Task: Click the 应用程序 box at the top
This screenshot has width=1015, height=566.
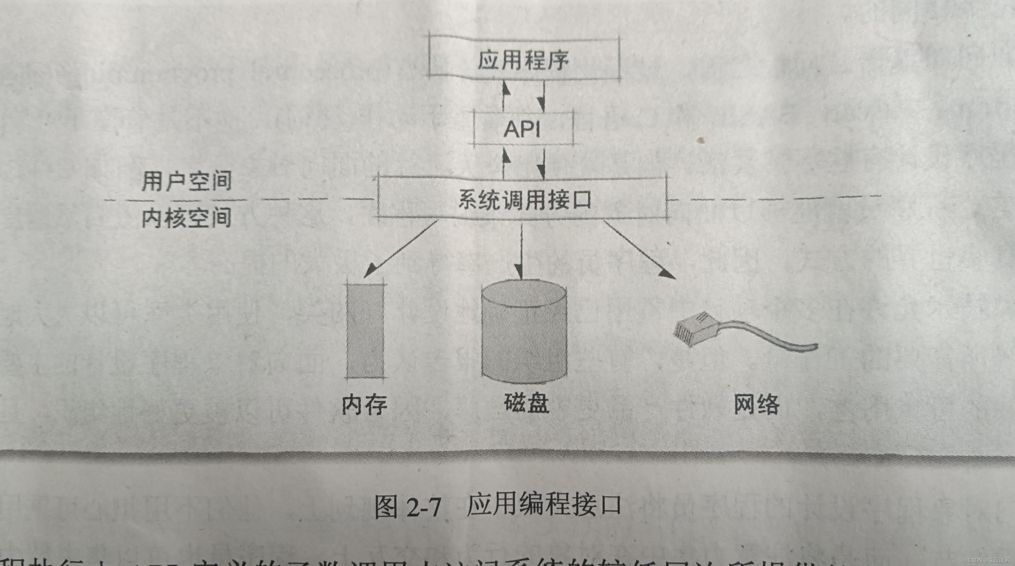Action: (x=524, y=59)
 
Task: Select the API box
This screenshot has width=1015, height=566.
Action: (x=523, y=129)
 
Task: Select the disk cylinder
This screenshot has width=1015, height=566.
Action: (x=524, y=331)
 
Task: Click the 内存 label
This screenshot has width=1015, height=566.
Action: (x=364, y=404)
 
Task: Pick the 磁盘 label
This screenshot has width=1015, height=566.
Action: (x=527, y=403)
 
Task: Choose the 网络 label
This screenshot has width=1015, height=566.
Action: (x=756, y=404)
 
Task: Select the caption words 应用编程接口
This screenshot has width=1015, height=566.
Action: (x=544, y=505)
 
